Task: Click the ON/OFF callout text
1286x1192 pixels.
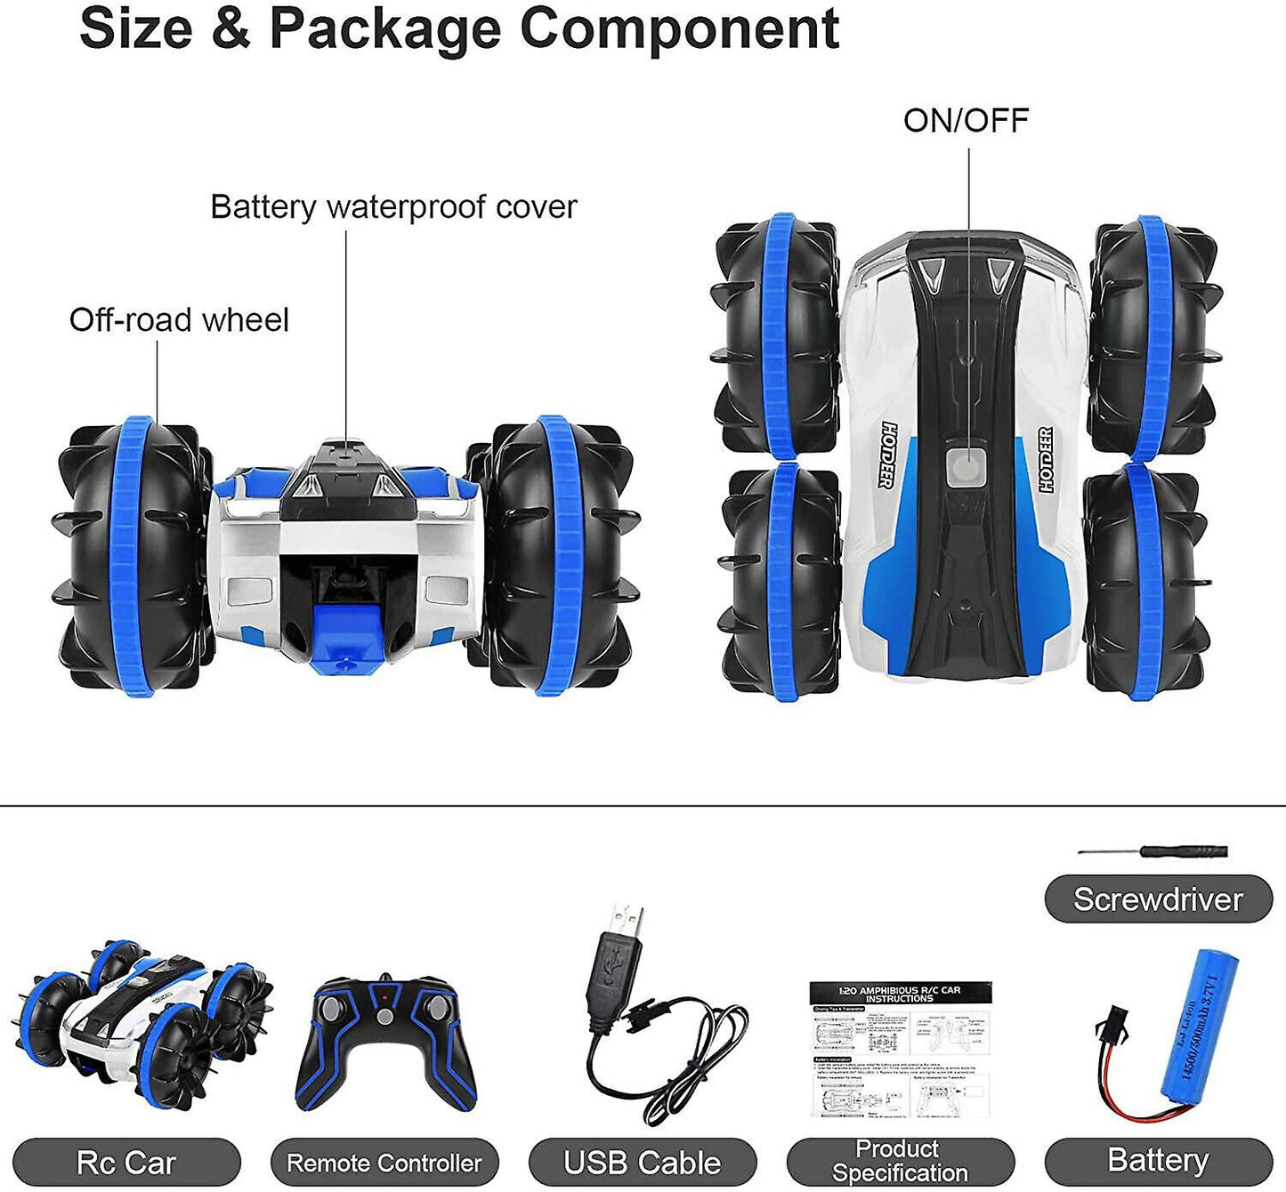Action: point(966,120)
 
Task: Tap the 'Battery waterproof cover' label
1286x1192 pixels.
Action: point(393,206)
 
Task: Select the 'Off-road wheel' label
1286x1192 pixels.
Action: point(179,320)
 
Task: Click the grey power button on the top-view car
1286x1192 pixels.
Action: point(965,466)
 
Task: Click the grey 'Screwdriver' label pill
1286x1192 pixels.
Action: point(1158,899)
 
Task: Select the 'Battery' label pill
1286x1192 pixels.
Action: point(1158,1161)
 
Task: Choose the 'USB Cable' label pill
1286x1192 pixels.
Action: point(642,1163)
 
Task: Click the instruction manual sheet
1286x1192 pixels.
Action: point(900,1049)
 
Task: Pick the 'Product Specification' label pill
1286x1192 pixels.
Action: point(900,1162)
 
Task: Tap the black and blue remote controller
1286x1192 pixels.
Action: point(384,1042)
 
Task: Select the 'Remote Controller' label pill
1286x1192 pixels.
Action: point(384,1163)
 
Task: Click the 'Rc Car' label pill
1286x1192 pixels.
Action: point(126,1163)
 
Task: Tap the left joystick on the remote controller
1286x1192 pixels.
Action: point(333,1009)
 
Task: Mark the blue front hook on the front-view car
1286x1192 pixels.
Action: point(347,635)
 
